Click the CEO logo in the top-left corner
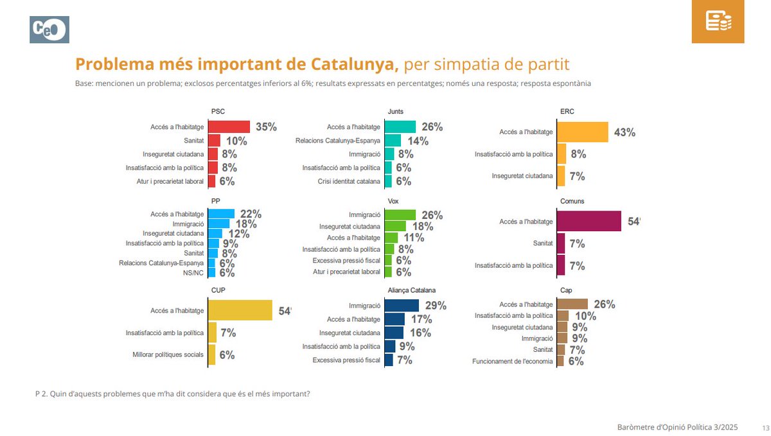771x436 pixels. point(49,30)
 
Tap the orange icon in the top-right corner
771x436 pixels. point(718,22)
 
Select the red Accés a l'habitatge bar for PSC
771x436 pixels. point(229,127)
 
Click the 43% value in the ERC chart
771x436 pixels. point(625,132)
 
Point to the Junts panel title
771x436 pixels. point(396,111)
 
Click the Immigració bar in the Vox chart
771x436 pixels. point(400,215)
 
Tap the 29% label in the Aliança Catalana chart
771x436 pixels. point(436,306)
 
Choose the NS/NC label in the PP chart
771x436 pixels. point(193,272)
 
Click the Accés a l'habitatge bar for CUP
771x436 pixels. point(240,311)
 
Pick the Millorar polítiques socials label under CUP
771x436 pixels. point(168,354)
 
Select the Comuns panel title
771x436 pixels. point(572,201)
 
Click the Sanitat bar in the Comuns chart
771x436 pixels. point(560,243)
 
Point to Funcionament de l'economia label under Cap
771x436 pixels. point(512,361)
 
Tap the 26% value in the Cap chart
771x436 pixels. point(604,304)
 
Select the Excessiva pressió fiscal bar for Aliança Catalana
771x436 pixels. point(388,360)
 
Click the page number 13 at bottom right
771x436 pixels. point(765,427)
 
